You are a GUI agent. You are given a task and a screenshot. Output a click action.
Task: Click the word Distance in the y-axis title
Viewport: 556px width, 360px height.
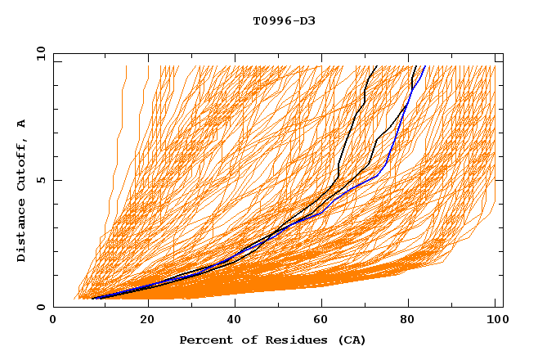click(21, 232)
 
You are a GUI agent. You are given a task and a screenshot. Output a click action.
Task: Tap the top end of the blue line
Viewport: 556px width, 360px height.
click(424, 66)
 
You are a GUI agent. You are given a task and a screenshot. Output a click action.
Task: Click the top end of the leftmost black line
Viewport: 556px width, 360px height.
click(375, 66)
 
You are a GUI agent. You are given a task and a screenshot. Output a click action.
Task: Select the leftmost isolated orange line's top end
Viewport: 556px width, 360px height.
click(127, 66)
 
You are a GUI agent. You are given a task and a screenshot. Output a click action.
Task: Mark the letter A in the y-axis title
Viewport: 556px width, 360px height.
click(21, 123)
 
